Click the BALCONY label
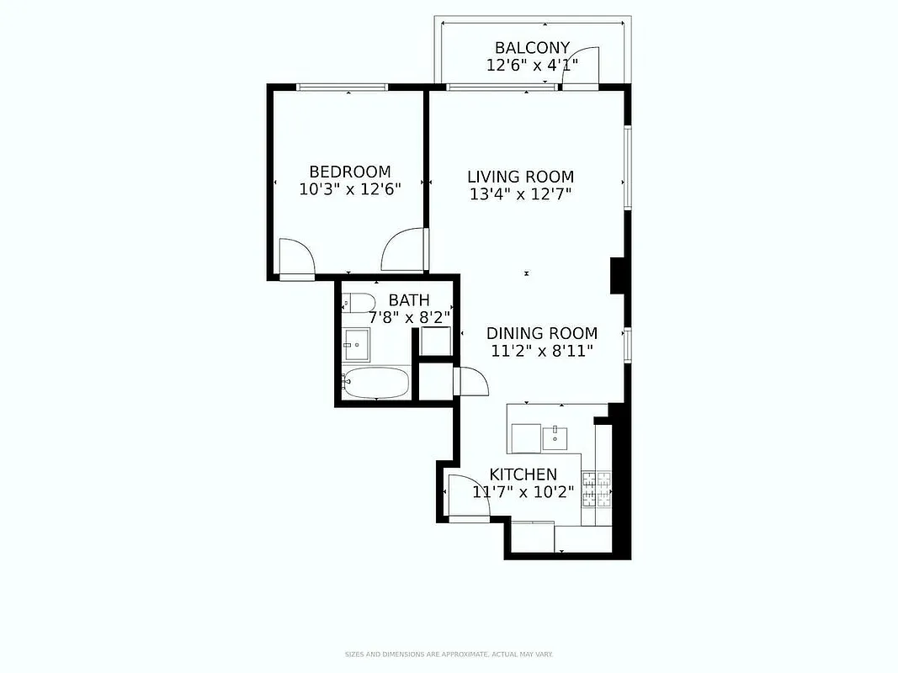(x=532, y=48)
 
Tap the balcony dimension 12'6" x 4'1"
(x=532, y=65)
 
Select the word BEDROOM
(x=349, y=172)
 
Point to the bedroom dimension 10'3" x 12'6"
(x=349, y=189)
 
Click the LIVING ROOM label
(x=520, y=177)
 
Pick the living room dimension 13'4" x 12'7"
(x=520, y=194)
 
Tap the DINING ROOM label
(x=542, y=333)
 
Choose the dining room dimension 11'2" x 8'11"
(x=542, y=351)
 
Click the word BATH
(x=409, y=300)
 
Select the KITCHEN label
(x=523, y=474)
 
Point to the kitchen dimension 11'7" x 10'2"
(x=523, y=492)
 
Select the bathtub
(x=376, y=384)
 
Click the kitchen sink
(x=555, y=436)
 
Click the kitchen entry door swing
(x=465, y=496)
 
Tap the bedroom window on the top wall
(x=343, y=87)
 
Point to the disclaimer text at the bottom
(x=449, y=654)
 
